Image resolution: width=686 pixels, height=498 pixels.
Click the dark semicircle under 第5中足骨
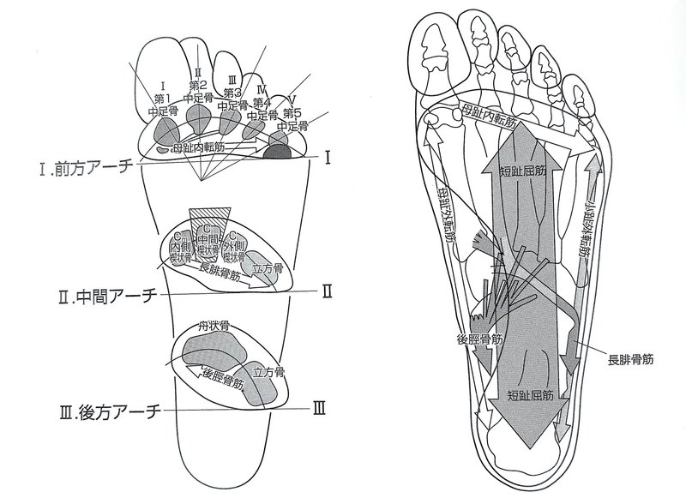click(x=278, y=153)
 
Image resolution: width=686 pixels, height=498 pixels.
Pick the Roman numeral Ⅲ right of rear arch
click(x=318, y=408)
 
